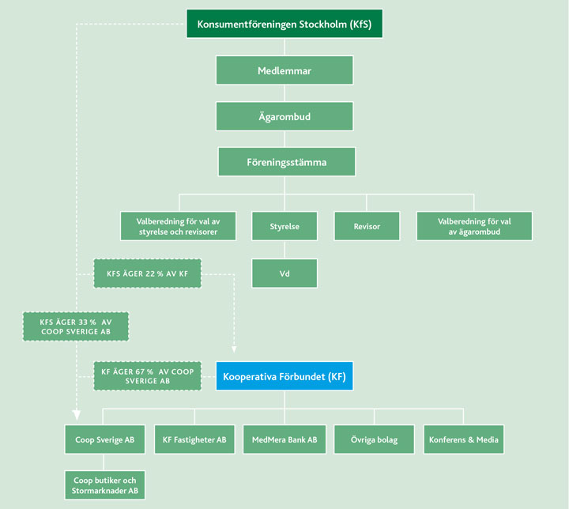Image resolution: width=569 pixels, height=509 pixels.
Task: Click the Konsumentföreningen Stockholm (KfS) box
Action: pos(284,24)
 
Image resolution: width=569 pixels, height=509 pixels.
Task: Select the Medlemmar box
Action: pos(284,70)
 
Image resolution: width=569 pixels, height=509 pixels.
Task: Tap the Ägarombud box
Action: pos(284,116)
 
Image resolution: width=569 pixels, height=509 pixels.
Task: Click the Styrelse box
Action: pos(284,226)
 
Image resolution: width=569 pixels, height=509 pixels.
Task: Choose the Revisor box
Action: pos(367,226)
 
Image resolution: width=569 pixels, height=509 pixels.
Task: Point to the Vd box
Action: pos(284,273)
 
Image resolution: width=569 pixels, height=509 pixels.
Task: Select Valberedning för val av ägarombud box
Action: pos(474,226)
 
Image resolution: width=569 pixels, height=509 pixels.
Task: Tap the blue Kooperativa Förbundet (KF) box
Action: pos(285,375)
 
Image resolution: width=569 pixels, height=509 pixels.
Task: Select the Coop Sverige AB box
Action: pos(105,439)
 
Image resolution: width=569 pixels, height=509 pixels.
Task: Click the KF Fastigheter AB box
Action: pos(194,439)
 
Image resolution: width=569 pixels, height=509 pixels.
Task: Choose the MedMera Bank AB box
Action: pos(284,439)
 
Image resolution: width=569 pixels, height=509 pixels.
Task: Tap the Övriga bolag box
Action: pos(374,439)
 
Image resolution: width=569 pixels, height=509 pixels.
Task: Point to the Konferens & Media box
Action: pos(464,439)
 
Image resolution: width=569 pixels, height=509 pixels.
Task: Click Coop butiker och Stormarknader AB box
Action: pos(105,485)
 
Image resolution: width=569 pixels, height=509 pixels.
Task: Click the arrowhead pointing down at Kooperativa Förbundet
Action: pos(235,349)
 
